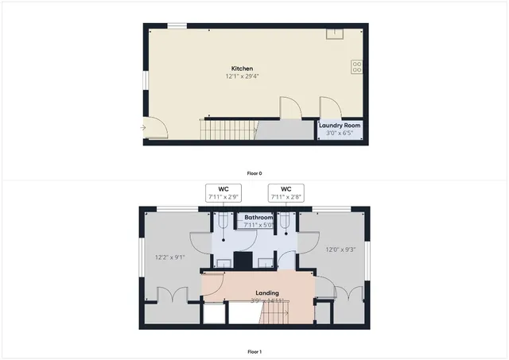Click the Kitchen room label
click(243, 69)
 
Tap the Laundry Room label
click(340, 126)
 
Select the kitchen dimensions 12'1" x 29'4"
click(243, 77)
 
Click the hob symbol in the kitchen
click(356, 68)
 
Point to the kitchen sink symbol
click(335, 33)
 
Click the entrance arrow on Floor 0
click(144, 126)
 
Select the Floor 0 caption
click(254, 173)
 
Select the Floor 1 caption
click(254, 351)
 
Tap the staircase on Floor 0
click(227, 128)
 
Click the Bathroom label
click(258, 217)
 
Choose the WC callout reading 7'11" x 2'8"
click(285, 193)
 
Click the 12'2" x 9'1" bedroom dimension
click(169, 257)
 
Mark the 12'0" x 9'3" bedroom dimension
click(341, 250)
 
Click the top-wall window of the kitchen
click(177, 25)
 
